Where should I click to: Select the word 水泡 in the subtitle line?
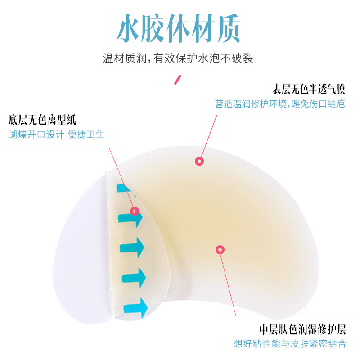coord(207,58)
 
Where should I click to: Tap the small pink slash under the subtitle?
coord(178,81)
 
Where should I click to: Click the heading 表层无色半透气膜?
coord(309,88)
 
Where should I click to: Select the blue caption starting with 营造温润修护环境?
coord(280,104)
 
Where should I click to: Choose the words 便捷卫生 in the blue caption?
coord(86,135)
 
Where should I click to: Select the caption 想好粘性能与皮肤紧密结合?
coord(290,344)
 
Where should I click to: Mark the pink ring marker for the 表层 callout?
coord(199,161)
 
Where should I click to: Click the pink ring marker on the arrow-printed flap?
coord(134,211)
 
